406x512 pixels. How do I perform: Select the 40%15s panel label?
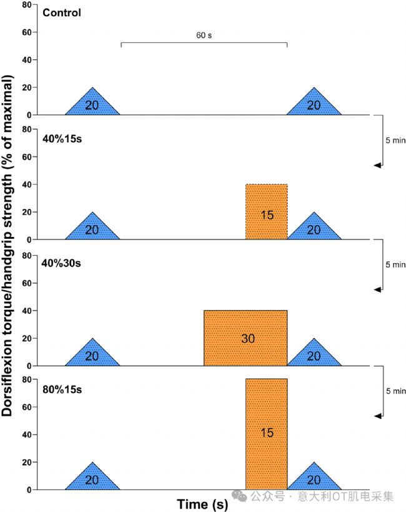(x=62, y=138)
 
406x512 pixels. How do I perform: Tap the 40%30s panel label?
(x=63, y=263)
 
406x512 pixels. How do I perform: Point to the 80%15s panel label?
(x=62, y=390)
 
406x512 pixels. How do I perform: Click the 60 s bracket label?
(x=204, y=36)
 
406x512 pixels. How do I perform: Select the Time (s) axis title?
(x=203, y=503)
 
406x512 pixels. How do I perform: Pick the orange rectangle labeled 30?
(x=245, y=338)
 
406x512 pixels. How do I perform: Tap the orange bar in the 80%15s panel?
(x=267, y=433)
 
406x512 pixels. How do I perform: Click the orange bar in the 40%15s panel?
(x=267, y=212)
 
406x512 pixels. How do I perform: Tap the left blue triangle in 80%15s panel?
(x=92, y=480)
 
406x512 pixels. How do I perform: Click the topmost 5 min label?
(x=395, y=140)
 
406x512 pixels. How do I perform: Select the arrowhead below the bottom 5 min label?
(x=377, y=415)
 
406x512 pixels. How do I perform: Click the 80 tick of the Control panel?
(x=26, y=5)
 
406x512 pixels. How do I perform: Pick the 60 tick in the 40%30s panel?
(x=26, y=283)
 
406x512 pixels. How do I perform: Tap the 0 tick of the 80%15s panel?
(x=29, y=490)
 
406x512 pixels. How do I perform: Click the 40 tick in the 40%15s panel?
(x=26, y=185)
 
